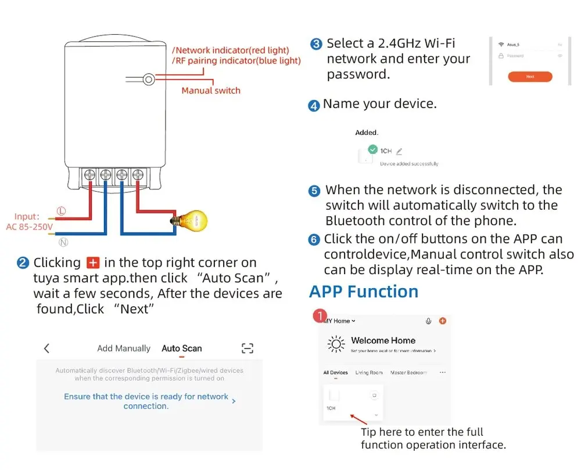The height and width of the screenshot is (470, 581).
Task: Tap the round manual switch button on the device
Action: point(149,79)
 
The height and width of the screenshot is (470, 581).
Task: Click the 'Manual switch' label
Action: point(210,91)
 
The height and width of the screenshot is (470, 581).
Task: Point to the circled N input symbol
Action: point(63,242)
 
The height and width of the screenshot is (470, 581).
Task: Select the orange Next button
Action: point(529,76)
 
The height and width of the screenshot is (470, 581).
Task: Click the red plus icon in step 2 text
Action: point(92,263)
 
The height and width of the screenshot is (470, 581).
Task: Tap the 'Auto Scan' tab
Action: point(181,349)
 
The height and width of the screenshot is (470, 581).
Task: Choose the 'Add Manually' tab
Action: point(124,349)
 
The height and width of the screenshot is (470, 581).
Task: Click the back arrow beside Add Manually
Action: point(47,349)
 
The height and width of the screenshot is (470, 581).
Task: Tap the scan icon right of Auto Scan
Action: point(248,349)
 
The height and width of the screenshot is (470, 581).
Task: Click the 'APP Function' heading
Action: point(364,292)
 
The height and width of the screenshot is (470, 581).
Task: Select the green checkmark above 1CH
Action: point(373,149)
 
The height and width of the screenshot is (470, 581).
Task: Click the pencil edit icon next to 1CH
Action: point(399,152)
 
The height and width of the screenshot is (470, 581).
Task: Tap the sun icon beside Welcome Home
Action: point(336,344)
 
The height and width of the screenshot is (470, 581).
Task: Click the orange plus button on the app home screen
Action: point(442,321)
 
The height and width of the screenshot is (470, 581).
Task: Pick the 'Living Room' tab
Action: point(369,372)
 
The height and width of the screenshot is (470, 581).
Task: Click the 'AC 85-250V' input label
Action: point(30,227)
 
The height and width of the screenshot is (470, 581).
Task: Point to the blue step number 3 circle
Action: point(317,44)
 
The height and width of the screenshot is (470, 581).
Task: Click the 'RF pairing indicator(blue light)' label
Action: point(237,60)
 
